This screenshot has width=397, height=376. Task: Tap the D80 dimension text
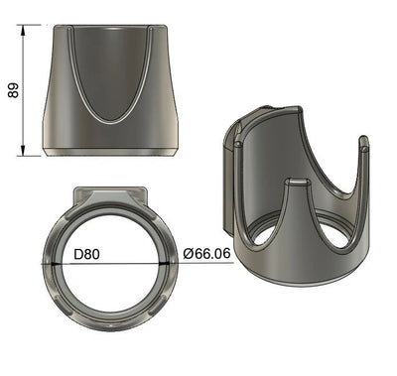(89, 254)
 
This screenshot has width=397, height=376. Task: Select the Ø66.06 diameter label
(207, 254)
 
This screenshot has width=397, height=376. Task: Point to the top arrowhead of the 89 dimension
(23, 31)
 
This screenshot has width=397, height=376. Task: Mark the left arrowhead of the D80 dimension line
(44, 263)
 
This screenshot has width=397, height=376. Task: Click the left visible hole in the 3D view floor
(262, 236)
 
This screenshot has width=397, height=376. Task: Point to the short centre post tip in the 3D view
(297, 184)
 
